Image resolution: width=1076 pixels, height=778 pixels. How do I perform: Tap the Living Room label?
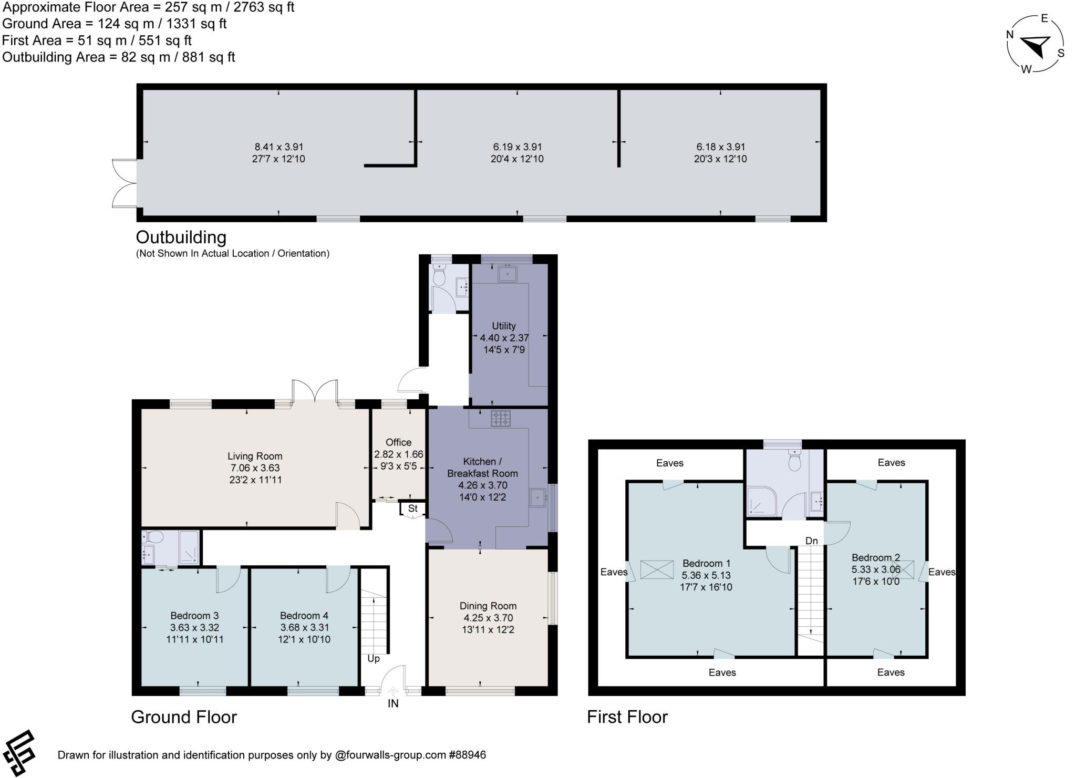pos(255,456)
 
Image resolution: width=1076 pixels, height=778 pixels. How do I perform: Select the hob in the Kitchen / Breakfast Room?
pos(500,418)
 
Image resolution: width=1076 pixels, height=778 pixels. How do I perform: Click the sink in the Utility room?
pos(507,274)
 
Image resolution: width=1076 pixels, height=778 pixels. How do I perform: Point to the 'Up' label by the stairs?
pos(373,659)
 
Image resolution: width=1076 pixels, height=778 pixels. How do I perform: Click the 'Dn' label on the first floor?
pos(811,541)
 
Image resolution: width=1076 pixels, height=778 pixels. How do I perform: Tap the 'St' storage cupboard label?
pos(412,509)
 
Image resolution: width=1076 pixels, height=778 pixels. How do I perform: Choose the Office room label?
pos(398,442)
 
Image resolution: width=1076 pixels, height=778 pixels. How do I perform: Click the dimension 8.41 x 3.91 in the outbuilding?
pos(278,147)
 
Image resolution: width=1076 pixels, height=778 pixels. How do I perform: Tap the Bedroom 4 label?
pos(304,616)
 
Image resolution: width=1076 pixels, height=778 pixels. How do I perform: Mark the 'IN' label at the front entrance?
pos(393,703)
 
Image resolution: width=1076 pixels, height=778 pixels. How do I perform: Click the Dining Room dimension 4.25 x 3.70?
pos(488,618)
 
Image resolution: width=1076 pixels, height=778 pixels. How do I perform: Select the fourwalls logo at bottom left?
pos(19,752)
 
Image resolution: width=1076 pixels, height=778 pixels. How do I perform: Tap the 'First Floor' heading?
pos(627,717)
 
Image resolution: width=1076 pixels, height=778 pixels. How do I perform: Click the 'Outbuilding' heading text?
pos(181,237)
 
